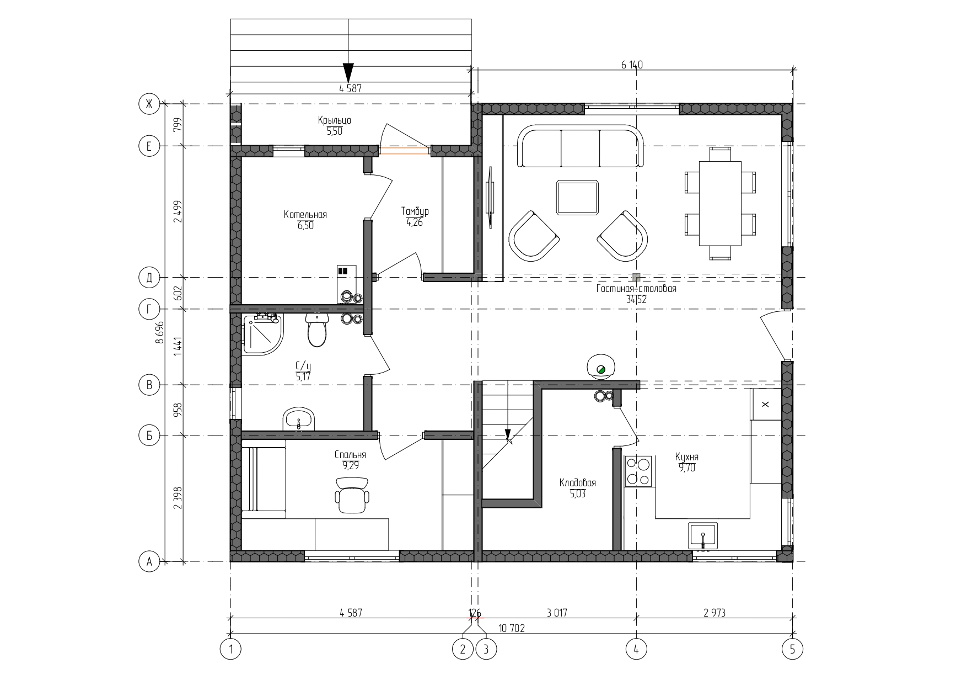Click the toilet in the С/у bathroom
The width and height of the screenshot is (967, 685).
[x=317, y=330]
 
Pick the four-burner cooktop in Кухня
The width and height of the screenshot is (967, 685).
[x=638, y=471]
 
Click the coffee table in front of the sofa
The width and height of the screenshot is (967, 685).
[x=577, y=197]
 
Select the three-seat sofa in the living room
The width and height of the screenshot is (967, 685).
[x=581, y=146]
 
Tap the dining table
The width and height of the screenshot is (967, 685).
[x=720, y=204]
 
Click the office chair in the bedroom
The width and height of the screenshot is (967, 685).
[x=352, y=495]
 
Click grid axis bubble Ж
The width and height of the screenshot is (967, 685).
[x=148, y=103]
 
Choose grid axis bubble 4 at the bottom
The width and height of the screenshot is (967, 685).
[x=636, y=650]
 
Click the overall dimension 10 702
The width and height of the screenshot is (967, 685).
[x=512, y=628]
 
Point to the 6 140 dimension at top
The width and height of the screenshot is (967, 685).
[x=632, y=65]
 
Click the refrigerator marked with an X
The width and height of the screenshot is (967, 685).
[x=766, y=405]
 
